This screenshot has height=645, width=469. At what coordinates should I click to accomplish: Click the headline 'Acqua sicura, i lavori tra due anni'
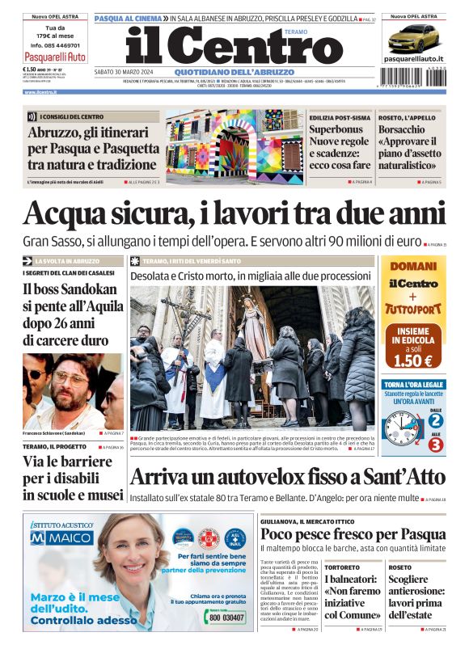pyautogui.click(x=234, y=214)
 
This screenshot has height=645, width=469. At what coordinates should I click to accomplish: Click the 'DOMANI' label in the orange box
pyautogui.click(x=413, y=267)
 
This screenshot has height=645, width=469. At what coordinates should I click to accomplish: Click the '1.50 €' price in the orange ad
pyautogui.click(x=413, y=360)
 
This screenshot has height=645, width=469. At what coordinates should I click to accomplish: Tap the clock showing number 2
pyautogui.click(x=435, y=419)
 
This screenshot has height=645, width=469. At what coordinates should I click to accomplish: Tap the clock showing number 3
pyautogui.click(x=435, y=444)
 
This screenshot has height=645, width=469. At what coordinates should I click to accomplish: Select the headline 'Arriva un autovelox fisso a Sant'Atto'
pyautogui.click(x=286, y=478)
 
